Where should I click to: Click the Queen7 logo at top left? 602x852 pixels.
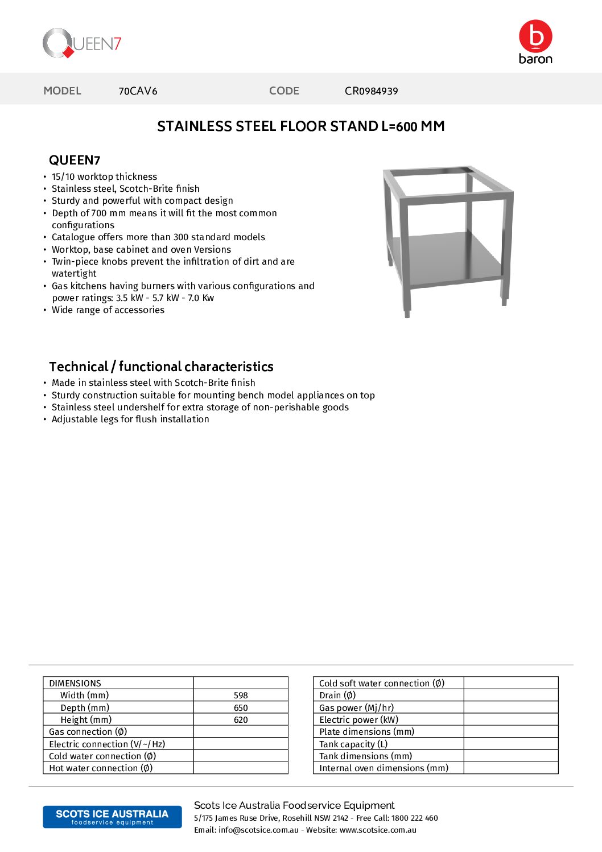pyautogui.click(x=82, y=43)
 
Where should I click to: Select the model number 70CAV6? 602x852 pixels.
pyautogui.click(x=138, y=91)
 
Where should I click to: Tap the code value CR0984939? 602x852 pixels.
pyautogui.click(x=371, y=91)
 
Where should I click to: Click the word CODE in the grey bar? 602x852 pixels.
pyautogui.click(x=284, y=91)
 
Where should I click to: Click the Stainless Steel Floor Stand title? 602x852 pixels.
pyautogui.click(x=300, y=126)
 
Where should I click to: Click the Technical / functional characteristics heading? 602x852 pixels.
pyautogui.click(x=161, y=367)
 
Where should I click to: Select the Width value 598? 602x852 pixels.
pyautogui.click(x=241, y=695)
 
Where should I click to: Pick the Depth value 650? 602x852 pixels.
pyautogui.click(x=241, y=708)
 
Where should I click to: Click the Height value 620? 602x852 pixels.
pyautogui.click(x=241, y=720)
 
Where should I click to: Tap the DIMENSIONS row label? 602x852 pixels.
pyautogui.click(x=75, y=683)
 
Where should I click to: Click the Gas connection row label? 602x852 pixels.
pyautogui.click(x=88, y=732)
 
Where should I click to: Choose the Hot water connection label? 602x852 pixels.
pyautogui.click(x=101, y=768)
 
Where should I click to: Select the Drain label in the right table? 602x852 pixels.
pyautogui.click(x=337, y=695)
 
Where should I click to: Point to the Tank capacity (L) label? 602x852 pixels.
pyautogui.click(x=353, y=744)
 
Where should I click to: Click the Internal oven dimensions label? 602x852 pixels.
pyautogui.click(x=384, y=768)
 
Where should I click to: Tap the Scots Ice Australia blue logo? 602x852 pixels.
pyautogui.click(x=112, y=817)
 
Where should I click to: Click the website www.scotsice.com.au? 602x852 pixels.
pyautogui.click(x=378, y=830)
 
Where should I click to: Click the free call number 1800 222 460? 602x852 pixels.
pyautogui.click(x=414, y=818)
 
